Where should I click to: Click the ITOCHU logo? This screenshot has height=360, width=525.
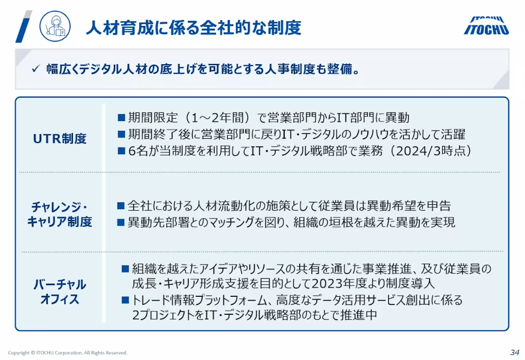tap(486, 26)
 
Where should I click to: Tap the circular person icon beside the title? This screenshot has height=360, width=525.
tap(55, 26)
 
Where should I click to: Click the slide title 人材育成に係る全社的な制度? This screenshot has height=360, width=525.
tap(194, 27)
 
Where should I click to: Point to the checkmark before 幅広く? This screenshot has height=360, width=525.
tap(36, 69)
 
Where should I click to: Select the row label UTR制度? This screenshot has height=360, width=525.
tap(60, 139)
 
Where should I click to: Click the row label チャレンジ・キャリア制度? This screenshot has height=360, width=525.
tap(59, 215)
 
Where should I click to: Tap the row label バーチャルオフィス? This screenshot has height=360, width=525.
tap(59, 292)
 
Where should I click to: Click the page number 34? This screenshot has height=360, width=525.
tap(515, 352)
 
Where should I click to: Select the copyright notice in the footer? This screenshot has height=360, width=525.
tap(68, 353)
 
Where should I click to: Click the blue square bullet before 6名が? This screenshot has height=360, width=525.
tap(121, 151)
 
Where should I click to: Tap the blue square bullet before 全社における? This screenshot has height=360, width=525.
tap(121, 206)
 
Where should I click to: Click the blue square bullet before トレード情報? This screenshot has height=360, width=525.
tap(125, 300)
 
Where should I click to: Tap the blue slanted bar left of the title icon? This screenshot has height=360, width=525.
tap(24, 26)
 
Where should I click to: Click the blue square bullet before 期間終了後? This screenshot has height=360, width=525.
tap(121, 134)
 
